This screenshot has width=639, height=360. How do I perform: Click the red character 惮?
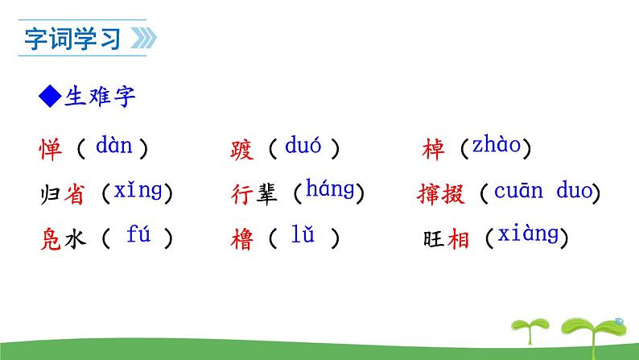[x=50, y=149]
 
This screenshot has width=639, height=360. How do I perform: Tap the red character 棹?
[x=432, y=149]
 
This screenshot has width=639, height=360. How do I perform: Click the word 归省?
[x=62, y=194]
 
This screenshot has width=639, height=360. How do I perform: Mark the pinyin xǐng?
[x=138, y=191]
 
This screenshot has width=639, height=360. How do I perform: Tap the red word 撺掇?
[x=443, y=194]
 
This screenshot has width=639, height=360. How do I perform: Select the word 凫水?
[x=62, y=239]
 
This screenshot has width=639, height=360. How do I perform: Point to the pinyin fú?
[x=138, y=236]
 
